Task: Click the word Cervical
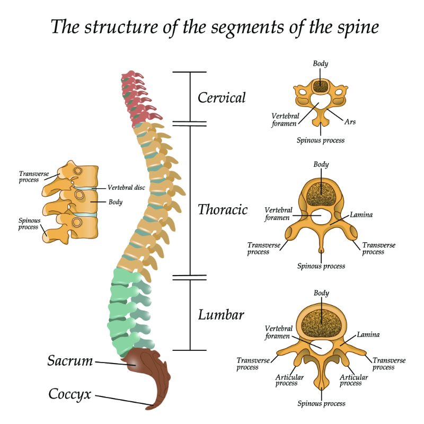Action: click(222, 98)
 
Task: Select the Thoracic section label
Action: click(223, 210)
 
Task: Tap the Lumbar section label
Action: click(221, 315)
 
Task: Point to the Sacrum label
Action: click(70, 361)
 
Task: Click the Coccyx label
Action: click(70, 394)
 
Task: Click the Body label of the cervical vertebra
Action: click(320, 64)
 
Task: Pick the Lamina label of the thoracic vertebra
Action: click(361, 215)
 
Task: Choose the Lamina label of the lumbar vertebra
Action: click(368, 334)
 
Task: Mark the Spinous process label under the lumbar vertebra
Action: click(321, 403)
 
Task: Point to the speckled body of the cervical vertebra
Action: click(320, 86)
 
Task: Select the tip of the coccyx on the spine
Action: click(150, 407)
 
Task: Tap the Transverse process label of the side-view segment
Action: click(29, 176)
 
